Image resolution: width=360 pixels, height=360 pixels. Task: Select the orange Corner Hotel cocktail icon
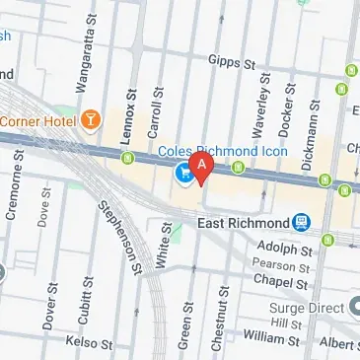pos(92,120)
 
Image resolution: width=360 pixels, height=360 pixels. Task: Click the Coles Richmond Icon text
pos(224,151)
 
